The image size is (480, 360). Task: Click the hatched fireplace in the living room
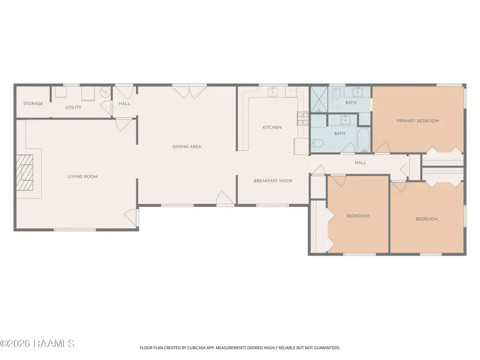[x=25, y=173]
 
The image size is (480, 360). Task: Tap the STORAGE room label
[x=33, y=103]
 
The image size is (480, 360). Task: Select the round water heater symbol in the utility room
[x=106, y=91]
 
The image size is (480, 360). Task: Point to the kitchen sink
[x=273, y=92]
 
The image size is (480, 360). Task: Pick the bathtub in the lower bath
[x=364, y=140]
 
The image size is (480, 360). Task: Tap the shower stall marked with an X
[x=319, y=100]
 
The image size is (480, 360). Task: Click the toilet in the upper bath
[x=336, y=93]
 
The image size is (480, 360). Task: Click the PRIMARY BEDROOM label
[x=418, y=121]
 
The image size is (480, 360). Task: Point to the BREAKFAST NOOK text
[x=273, y=181]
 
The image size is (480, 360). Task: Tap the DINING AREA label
[x=187, y=147]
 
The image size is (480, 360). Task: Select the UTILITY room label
[x=73, y=107]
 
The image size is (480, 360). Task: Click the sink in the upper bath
[x=357, y=92]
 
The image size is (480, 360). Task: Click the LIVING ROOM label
[x=83, y=177]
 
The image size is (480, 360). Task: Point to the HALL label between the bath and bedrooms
[x=361, y=163]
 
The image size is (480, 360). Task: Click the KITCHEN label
[x=272, y=127]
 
